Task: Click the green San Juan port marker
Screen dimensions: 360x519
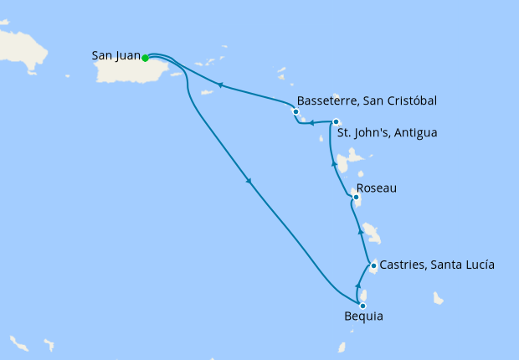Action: click(x=145, y=58)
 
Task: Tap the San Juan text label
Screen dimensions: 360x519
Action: click(x=115, y=57)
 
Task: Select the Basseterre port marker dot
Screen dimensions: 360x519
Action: click(x=295, y=111)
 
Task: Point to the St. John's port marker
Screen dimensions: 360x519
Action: click(x=336, y=122)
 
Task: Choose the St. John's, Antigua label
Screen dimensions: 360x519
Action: click(x=386, y=132)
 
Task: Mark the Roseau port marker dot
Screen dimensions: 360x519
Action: click(x=357, y=198)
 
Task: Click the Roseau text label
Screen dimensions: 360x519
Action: click(x=377, y=188)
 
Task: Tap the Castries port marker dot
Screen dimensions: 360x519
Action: click(x=373, y=265)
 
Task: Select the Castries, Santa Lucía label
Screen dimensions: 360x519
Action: click(x=437, y=265)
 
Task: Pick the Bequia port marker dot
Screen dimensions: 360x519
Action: click(x=362, y=306)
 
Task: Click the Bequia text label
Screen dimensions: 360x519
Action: click(x=364, y=317)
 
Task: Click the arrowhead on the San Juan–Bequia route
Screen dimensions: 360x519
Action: click(x=249, y=183)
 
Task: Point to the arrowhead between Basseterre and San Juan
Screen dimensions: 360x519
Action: click(x=220, y=85)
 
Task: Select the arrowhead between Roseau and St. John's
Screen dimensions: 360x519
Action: click(x=335, y=165)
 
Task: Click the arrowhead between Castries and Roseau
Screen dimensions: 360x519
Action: click(x=361, y=230)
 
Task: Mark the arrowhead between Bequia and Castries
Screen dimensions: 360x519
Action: click(x=358, y=285)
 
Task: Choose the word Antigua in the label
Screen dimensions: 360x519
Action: click(x=416, y=132)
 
